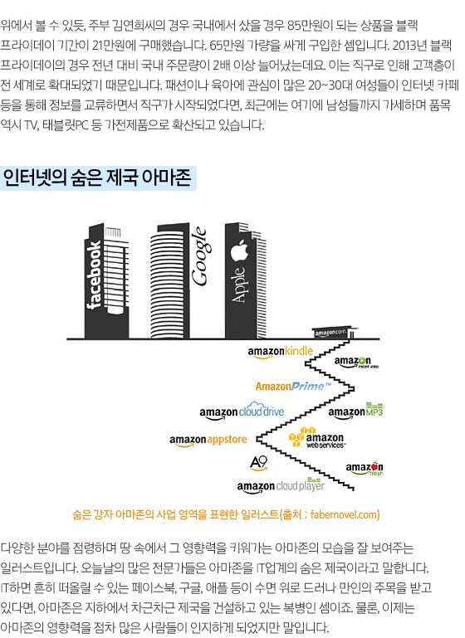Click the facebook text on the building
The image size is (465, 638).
pyautogui.click(x=95, y=275)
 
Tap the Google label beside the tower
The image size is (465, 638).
pyautogui.click(x=200, y=256)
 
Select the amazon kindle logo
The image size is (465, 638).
pyautogui.click(x=281, y=352)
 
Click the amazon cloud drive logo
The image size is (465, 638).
pyautogui.click(x=242, y=412)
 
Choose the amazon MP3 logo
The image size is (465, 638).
pyautogui.click(x=355, y=411)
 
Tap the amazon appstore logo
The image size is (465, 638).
pyautogui.click(x=208, y=441)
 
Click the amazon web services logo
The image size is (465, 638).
pyautogui.click(x=317, y=438)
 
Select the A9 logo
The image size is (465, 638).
pyautogui.click(x=259, y=463)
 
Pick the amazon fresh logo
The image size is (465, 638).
pyautogui.click(x=365, y=469)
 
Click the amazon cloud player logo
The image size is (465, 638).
pyautogui.click(x=281, y=486)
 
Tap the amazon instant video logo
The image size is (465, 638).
pyautogui.click(x=356, y=362)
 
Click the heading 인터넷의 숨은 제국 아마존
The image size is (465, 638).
pyautogui.click(x=97, y=178)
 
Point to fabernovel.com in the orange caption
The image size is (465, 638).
pyautogui.click(x=344, y=514)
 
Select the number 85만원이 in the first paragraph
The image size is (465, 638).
pyautogui.click(x=310, y=26)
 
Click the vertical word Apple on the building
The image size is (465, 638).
pyautogui.click(x=239, y=284)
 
